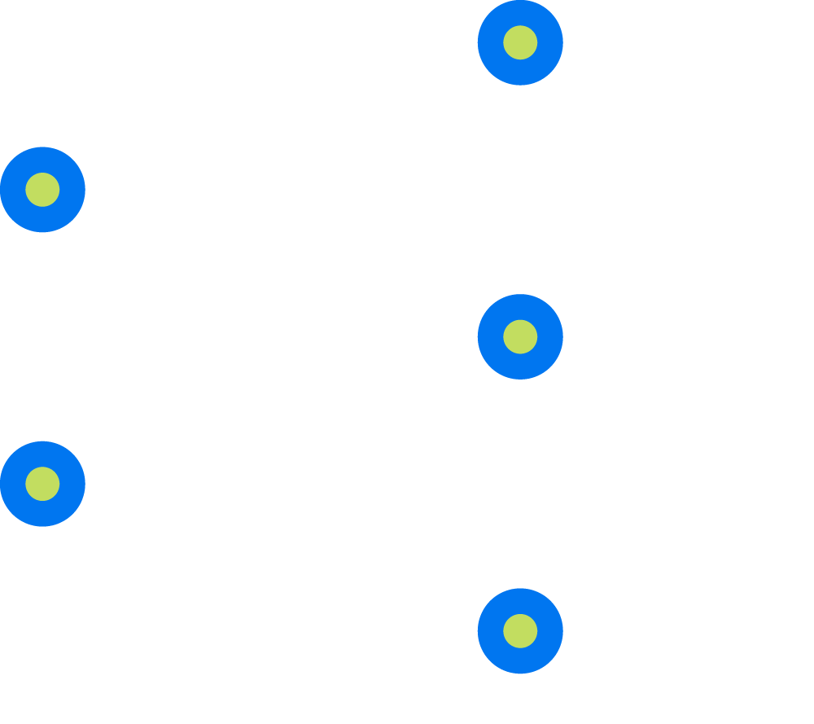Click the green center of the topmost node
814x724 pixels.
[520, 42]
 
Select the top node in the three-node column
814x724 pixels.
[520, 42]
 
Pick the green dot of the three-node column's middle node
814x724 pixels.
[520, 336]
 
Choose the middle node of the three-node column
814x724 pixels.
[520, 336]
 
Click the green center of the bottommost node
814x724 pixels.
[520, 631]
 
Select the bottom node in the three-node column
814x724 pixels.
[520, 631]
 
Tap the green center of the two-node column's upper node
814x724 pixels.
[42, 190]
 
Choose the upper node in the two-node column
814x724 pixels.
[42, 190]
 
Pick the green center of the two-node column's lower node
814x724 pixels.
[42, 484]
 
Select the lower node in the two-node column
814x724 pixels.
[42, 484]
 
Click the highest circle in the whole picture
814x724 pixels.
[520, 42]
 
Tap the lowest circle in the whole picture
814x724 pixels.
[520, 631]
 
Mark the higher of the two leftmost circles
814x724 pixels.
[42, 190]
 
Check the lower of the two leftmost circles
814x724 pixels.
[42, 484]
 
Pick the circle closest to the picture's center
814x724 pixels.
[520, 336]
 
